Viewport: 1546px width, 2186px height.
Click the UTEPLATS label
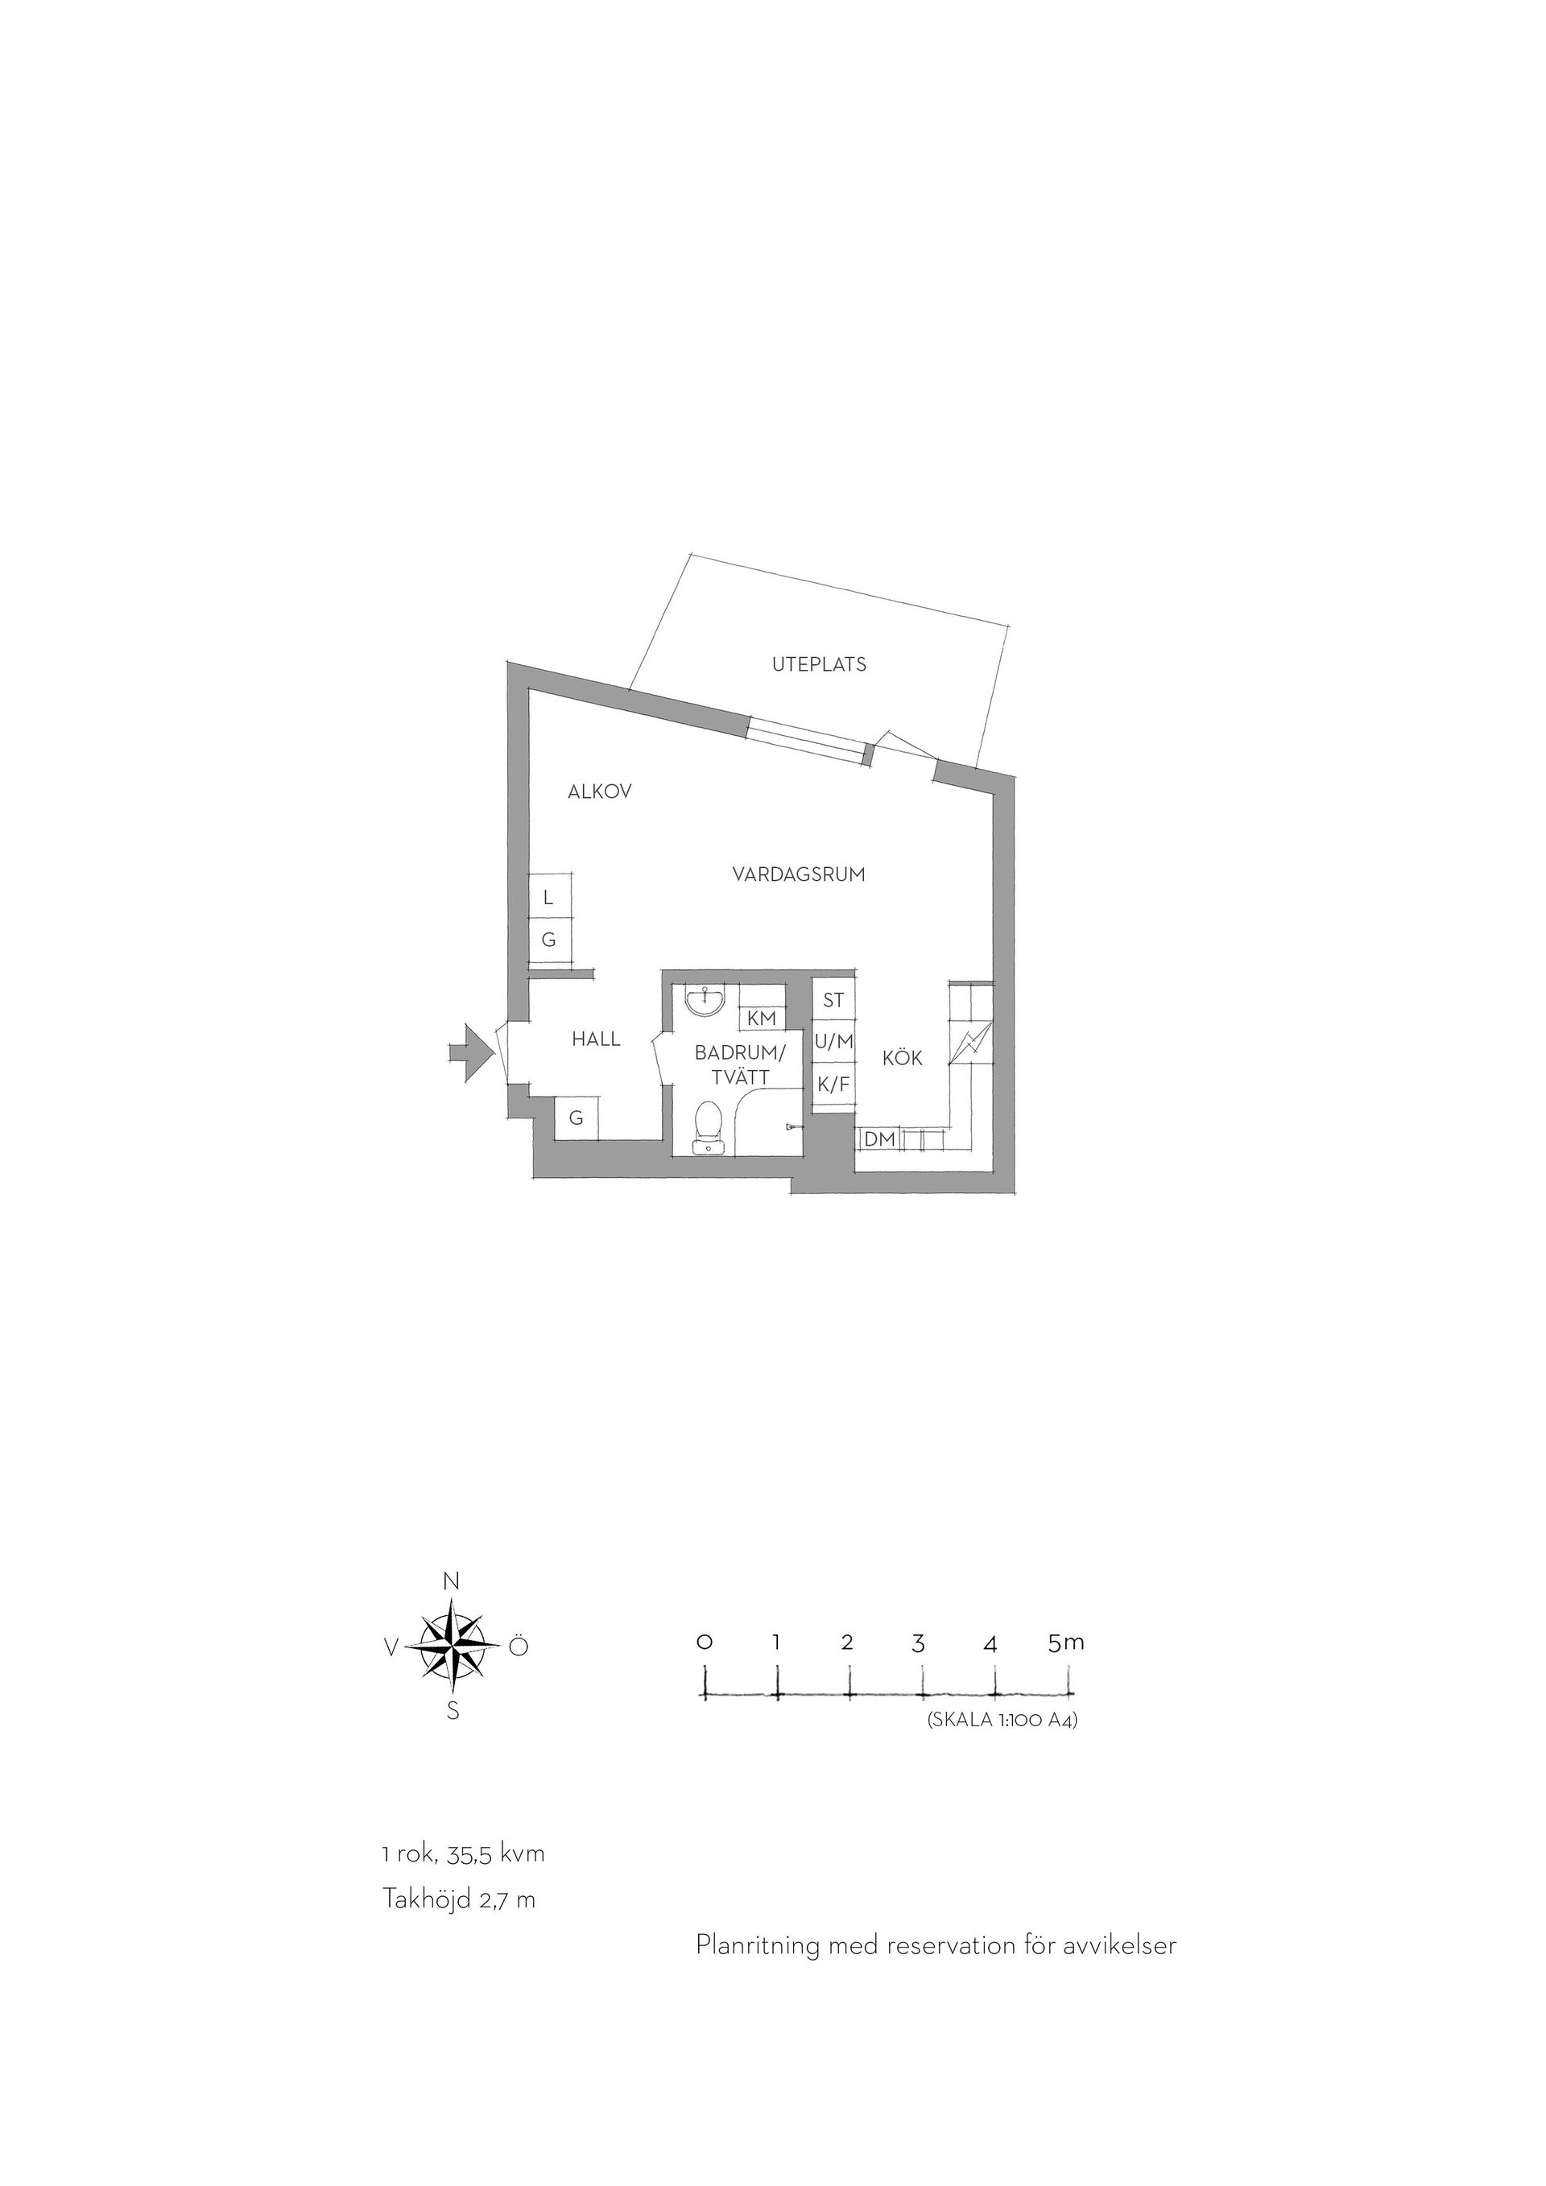[x=819, y=664]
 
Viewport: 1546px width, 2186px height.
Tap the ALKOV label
[x=600, y=791]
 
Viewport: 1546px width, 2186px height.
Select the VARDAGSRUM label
[x=799, y=874]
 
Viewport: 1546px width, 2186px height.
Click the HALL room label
[x=596, y=1039]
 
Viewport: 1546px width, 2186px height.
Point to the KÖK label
[x=903, y=1057]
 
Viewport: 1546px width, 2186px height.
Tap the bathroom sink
[x=705, y=1001]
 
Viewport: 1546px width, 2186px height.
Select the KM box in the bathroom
[x=763, y=1018]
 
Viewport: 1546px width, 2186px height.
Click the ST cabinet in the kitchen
[x=834, y=1000]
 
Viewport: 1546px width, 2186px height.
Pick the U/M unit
[x=834, y=1043]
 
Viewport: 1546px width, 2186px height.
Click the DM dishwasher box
[x=881, y=1138]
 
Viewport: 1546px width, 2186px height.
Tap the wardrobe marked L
[x=549, y=897]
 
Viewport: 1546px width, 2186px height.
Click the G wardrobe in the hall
[x=577, y=1118]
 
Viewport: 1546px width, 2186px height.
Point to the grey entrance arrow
[x=472, y=1052]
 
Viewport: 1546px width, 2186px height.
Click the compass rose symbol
[x=453, y=1647]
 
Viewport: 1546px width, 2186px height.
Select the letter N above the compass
[x=453, y=1581]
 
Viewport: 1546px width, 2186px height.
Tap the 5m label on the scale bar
[x=1066, y=1642]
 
